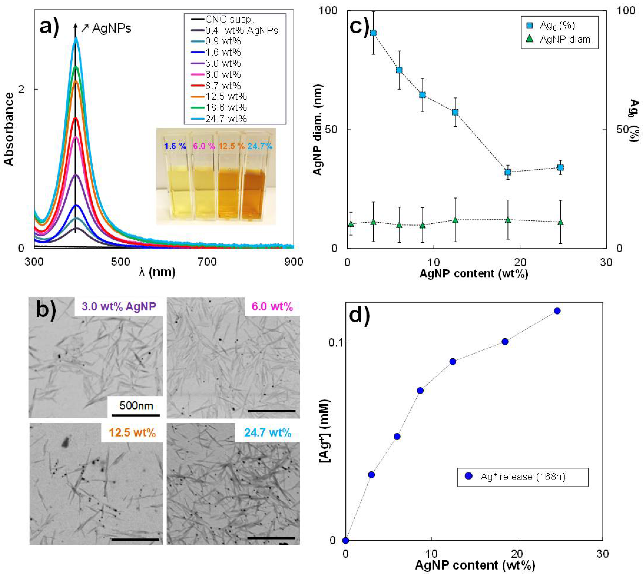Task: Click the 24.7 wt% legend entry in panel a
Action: tap(226, 119)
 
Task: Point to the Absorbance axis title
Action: tap(9, 129)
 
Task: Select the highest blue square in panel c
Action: tap(373, 33)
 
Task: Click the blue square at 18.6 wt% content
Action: tap(508, 172)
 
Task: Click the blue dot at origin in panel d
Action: tap(346, 540)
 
